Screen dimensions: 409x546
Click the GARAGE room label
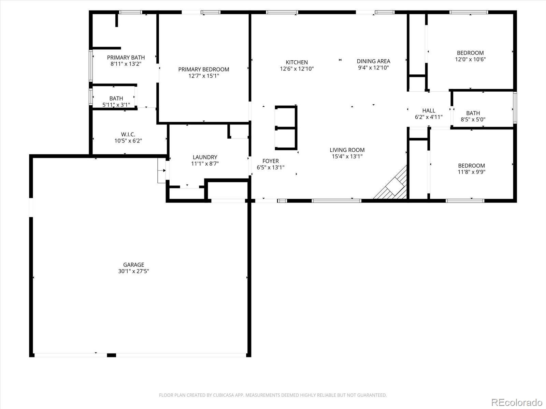pyautogui.click(x=133, y=264)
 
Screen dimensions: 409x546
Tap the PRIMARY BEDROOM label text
pyautogui.click(x=203, y=70)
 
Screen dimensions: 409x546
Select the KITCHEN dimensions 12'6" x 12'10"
pyautogui.click(x=297, y=69)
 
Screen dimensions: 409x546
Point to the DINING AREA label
pyautogui.click(x=373, y=61)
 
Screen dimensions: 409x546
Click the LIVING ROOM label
pyautogui.click(x=347, y=150)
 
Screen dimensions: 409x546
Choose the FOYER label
pyautogui.click(x=270, y=161)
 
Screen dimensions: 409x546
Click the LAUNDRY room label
pyautogui.click(x=205, y=157)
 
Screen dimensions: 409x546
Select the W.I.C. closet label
pyautogui.click(x=128, y=135)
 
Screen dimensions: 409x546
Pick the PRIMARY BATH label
pyautogui.click(x=126, y=58)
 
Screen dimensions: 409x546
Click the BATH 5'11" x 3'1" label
pyautogui.click(x=116, y=102)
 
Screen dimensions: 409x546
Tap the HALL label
pyautogui.click(x=429, y=110)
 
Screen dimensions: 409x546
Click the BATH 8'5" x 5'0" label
pyautogui.click(x=473, y=116)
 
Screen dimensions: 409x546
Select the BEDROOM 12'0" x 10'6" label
pyautogui.click(x=470, y=56)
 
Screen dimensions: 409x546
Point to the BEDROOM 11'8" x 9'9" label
pyautogui.click(x=471, y=169)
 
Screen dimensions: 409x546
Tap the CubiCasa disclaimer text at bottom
pyautogui.click(x=273, y=395)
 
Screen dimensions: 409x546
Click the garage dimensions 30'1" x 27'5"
pyautogui.click(x=133, y=271)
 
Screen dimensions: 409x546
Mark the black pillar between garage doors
pyautogui.click(x=111, y=355)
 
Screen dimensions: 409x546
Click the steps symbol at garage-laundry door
pyautogui.click(x=161, y=170)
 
